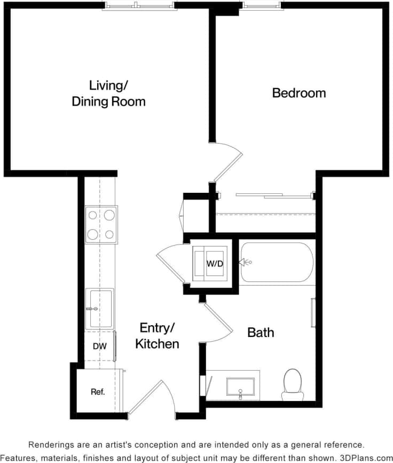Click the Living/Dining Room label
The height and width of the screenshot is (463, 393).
pos(108,93)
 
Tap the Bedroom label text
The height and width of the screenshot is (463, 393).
pos(298,93)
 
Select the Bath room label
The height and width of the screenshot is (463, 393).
pos(261,332)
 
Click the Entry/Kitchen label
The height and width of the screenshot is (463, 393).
pos(157,335)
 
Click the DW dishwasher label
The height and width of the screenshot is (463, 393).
pos(100,346)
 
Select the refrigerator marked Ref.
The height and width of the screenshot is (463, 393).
pos(97,391)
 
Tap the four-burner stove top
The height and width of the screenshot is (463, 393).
pos(101,224)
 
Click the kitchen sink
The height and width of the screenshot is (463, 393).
pos(100,308)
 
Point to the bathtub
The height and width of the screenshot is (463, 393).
pos(276,262)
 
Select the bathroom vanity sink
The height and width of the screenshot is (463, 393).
pos(240,386)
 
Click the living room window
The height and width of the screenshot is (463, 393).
pos(138,5)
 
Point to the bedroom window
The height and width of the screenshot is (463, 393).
pos(261,5)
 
